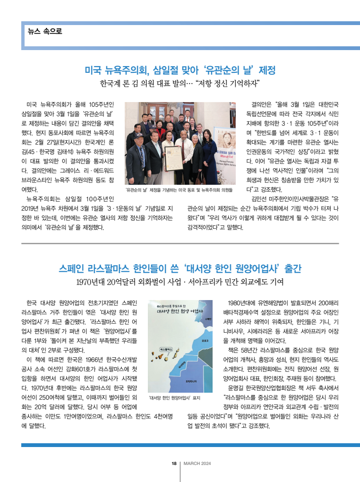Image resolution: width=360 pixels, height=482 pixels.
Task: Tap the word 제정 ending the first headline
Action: [x=266, y=70]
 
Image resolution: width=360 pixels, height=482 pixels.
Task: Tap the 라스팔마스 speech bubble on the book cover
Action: [x=168, y=348]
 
